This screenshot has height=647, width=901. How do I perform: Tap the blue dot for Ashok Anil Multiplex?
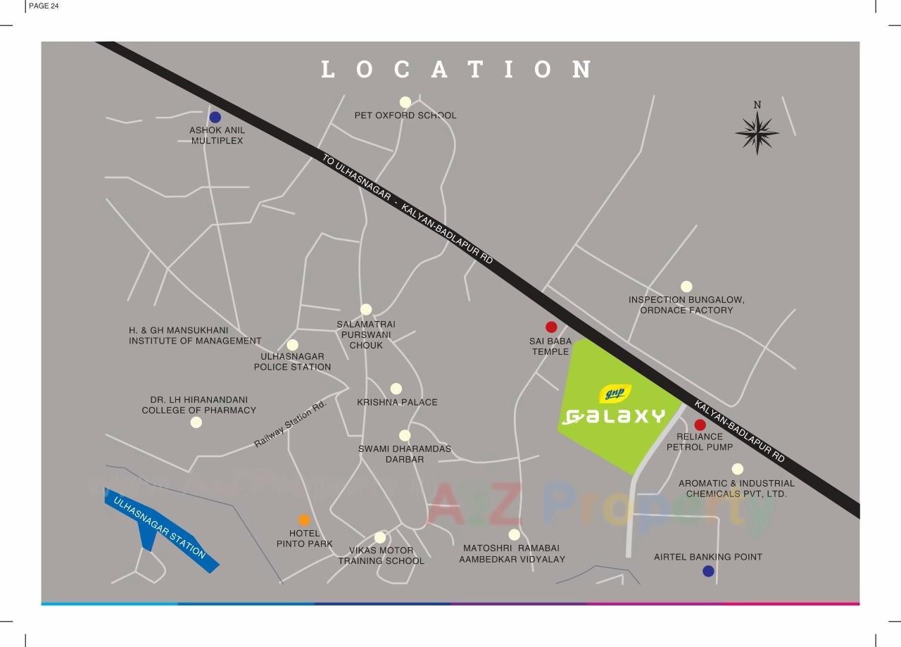pos(215,118)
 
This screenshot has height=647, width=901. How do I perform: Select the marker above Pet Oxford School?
pos(405,102)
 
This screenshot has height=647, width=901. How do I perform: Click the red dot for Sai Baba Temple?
pos(551,327)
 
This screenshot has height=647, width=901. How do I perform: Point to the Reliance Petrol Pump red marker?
pos(700,425)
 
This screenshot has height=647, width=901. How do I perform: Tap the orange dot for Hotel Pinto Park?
pos(304,520)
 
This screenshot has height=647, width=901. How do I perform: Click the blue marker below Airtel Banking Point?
pos(708,571)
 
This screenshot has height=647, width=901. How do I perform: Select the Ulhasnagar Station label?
pos(160,528)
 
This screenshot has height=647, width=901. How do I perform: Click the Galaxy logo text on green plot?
pos(615,417)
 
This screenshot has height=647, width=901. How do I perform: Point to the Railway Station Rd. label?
pos(291,424)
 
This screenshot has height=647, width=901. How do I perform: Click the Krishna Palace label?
pos(397,402)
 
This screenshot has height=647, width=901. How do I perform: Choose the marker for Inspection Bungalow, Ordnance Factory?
pos(686,287)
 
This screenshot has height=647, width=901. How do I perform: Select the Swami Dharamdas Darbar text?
pos(404,454)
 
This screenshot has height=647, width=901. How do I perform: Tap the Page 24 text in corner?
pos(44,6)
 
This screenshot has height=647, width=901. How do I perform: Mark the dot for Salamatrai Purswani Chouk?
pos(366,309)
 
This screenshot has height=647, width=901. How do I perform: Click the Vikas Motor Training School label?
pos(381,555)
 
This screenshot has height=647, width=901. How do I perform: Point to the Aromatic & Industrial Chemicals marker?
pos(737,469)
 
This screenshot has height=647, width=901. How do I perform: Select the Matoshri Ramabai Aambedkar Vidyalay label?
pos(512,553)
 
